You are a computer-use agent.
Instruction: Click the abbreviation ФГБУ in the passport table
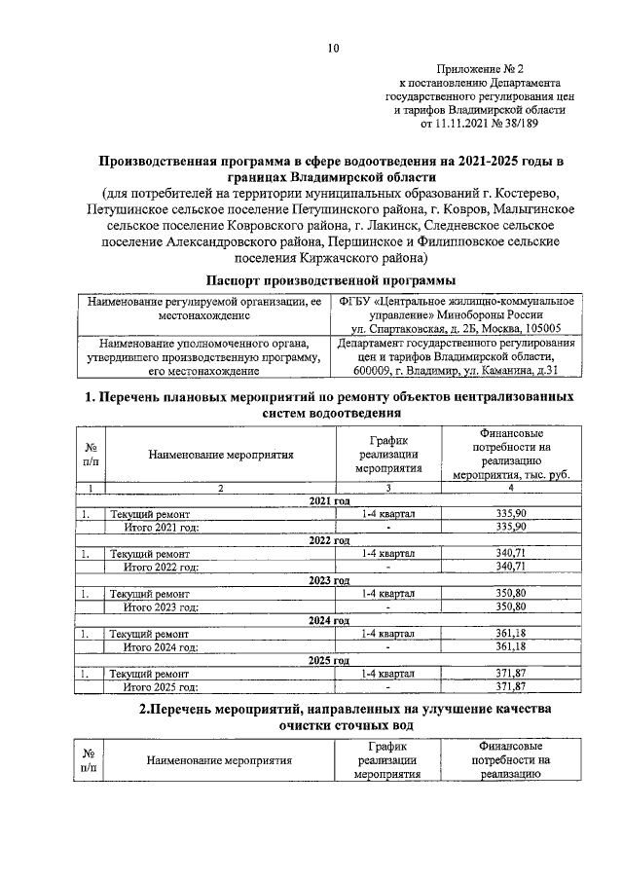pyautogui.click(x=359, y=302)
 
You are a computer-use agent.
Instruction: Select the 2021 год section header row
pyautogui.click(x=329, y=500)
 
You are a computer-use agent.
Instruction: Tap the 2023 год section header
pyautogui.click(x=329, y=579)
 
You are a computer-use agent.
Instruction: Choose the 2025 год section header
pyautogui.click(x=329, y=659)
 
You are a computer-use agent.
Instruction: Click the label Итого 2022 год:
pyautogui.click(x=162, y=567)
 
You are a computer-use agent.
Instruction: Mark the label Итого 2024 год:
pyautogui.click(x=162, y=646)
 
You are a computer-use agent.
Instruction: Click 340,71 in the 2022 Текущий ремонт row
pyautogui.click(x=510, y=553)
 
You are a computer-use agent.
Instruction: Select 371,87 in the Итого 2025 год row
pyautogui.click(x=510, y=685)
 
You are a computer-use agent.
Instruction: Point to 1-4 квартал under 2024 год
pyautogui.click(x=387, y=633)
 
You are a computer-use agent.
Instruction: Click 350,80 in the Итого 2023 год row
pyautogui.click(x=510, y=606)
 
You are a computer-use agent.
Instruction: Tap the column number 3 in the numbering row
pyautogui.click(x=387, y=487)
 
